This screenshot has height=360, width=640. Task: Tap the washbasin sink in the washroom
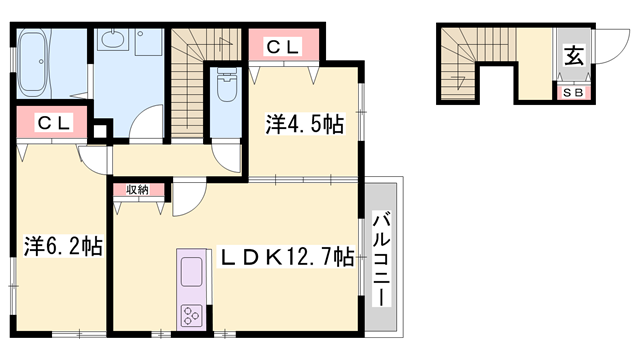click(x=113, y=43)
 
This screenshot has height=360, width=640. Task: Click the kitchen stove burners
click(x=191, y=316)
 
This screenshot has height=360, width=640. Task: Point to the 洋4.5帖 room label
click(x=305, y=125)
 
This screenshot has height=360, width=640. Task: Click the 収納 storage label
click(x=138, y=189)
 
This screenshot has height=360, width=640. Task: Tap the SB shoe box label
click(x=574, y=93)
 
